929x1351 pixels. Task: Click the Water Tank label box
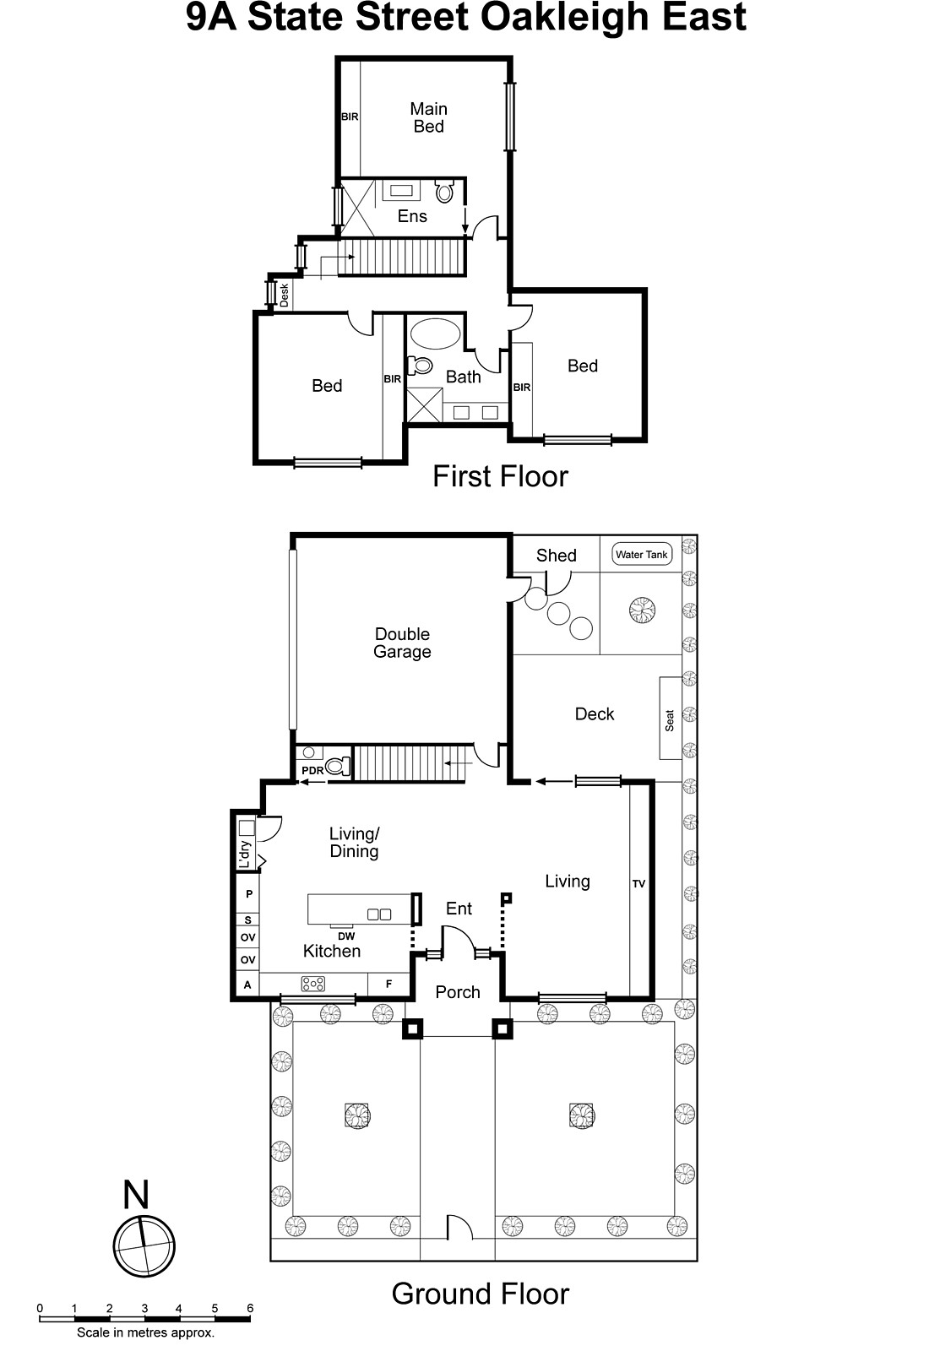(642, 555)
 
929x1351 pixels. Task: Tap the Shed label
(556, 556)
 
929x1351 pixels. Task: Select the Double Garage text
(402, 643)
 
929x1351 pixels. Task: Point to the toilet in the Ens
(444, 191)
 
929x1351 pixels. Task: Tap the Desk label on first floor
(285, 294)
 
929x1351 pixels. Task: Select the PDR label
(312, 771)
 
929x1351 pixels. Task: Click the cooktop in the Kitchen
(313, 984)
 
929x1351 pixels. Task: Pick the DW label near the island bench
(346, 936)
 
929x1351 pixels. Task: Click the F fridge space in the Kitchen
(389, 984)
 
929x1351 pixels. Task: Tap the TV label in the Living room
(638, 884)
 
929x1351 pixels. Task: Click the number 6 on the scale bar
(250, 1309)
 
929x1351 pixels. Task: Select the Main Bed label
(428, 117)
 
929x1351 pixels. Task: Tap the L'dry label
(245, 855)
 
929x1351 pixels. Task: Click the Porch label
(458, 992)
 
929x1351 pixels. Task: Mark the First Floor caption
(500, 476)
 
